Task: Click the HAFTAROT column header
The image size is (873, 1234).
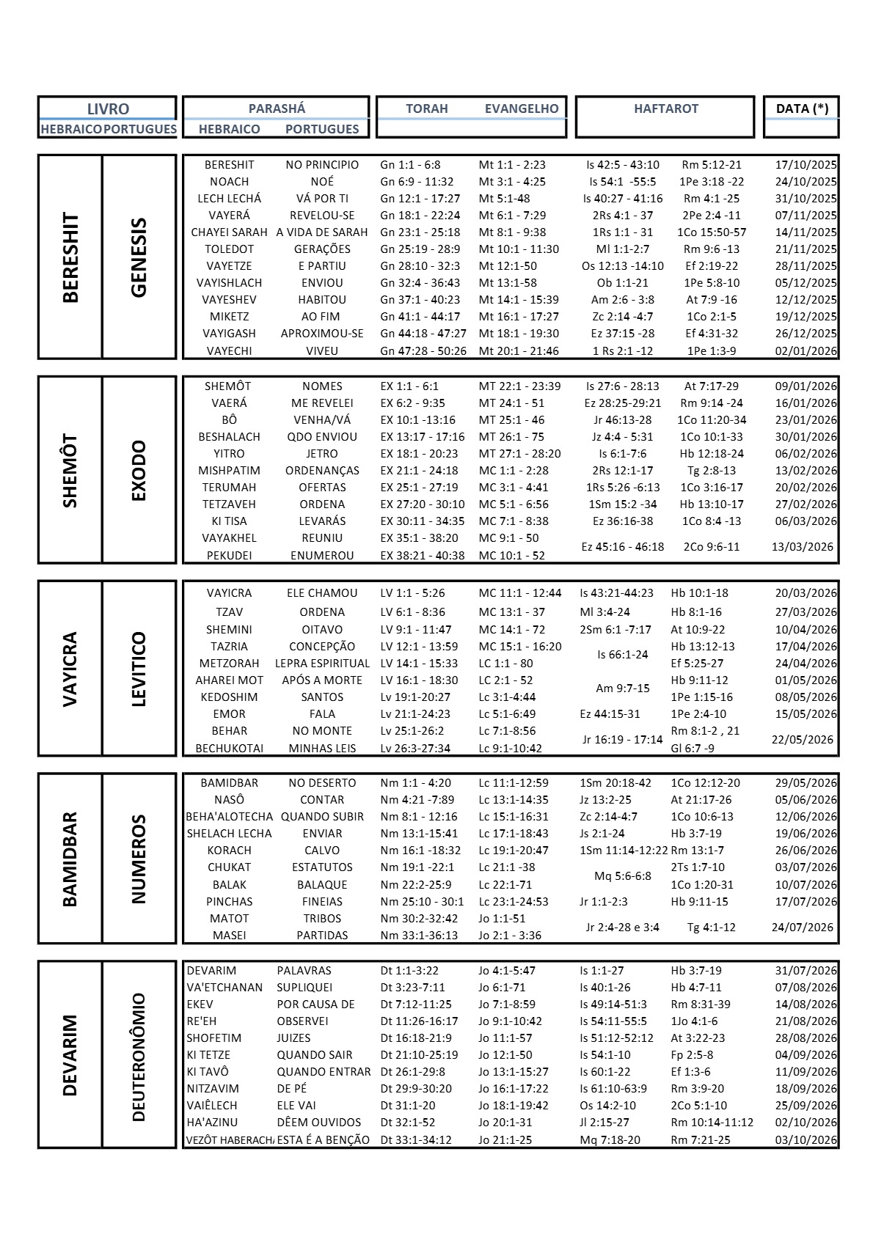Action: pos(665,109)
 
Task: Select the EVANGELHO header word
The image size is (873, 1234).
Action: pos(521,109)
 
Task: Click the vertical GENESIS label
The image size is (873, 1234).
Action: pos(139,257)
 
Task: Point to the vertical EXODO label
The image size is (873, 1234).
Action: pos(139,470)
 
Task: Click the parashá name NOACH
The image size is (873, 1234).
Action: pos(229,182)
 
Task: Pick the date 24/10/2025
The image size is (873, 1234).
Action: pos(806,182)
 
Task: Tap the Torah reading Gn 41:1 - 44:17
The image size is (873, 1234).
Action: pos(420,317)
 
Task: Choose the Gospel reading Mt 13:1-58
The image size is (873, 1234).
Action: pos(508,283)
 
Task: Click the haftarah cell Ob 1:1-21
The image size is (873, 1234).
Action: pos(622,283)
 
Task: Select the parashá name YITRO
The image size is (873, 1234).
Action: pos(229,454)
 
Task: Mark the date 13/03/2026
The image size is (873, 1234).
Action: pos(802,547)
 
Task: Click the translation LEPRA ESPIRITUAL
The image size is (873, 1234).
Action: pos(322,664)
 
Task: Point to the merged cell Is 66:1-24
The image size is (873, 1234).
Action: pos(622,655)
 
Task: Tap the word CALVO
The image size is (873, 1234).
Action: pos(322,851)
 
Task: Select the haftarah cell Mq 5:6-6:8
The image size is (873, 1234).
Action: pos(622,876)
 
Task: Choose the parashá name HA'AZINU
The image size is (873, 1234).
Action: pos(212,1123)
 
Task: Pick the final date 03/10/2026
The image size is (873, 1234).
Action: pos(806,1140)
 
